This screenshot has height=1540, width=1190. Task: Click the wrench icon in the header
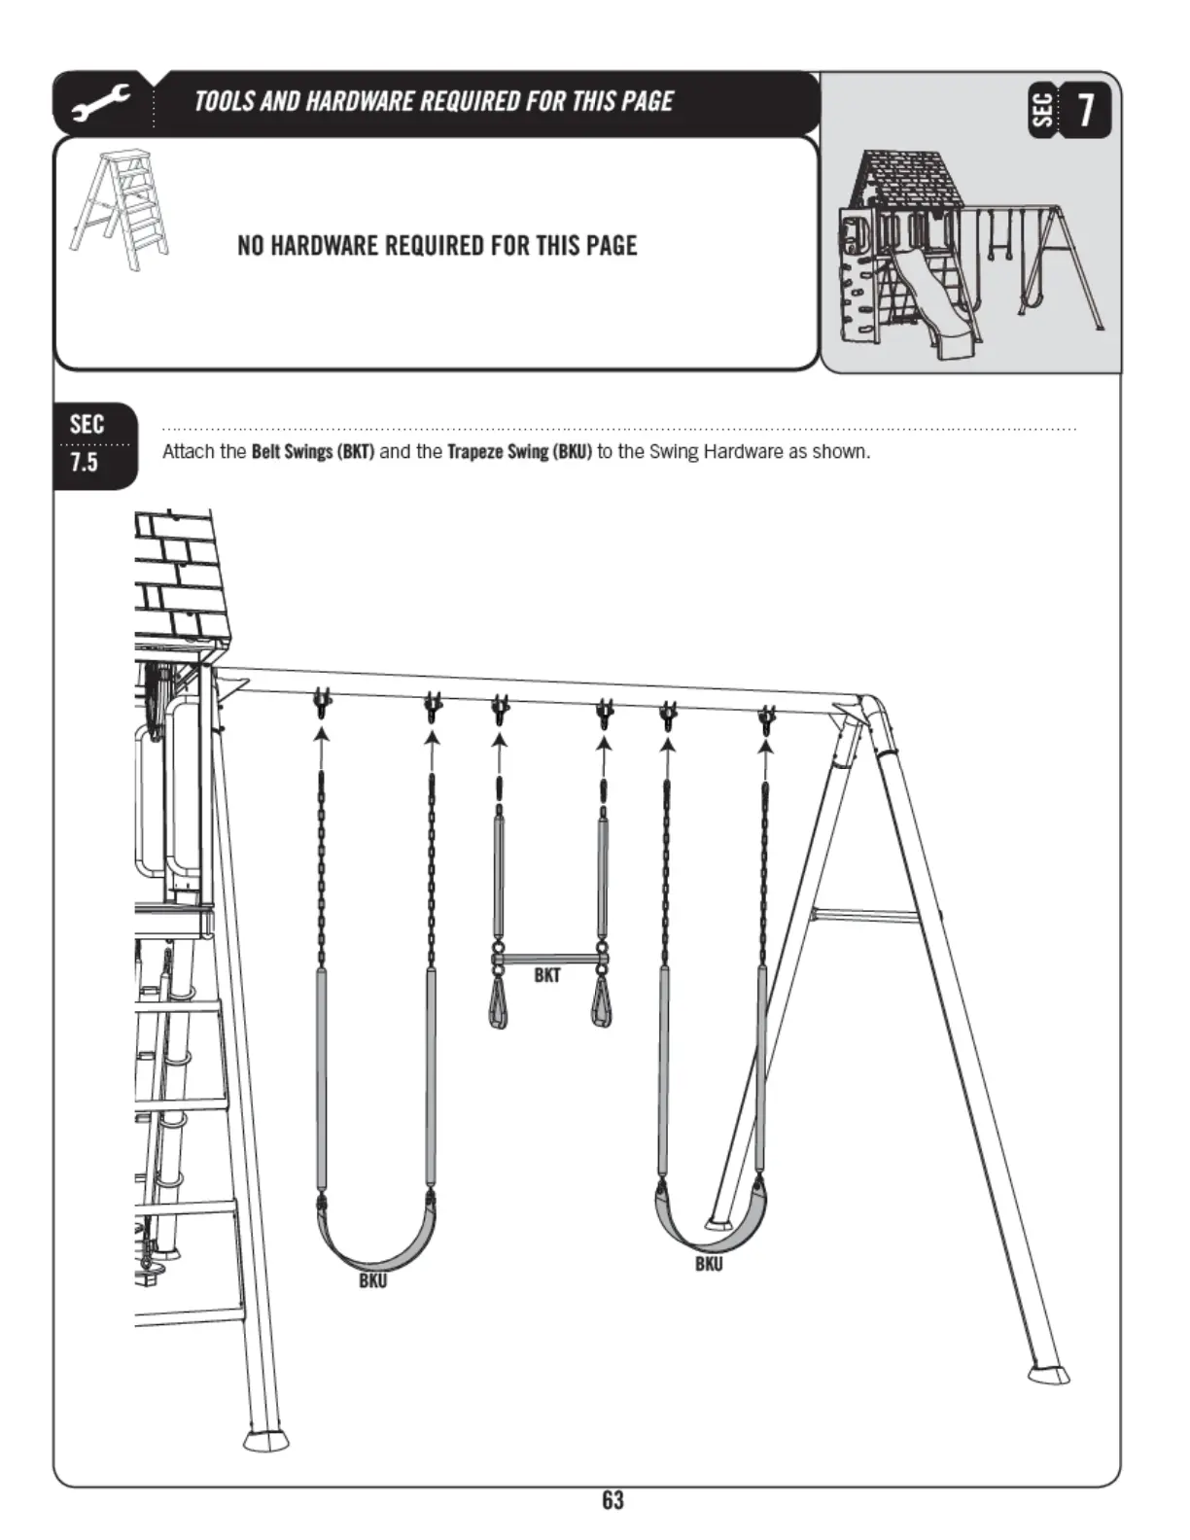click(101, 103)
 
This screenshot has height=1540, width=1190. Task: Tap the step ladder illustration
click(119, 210)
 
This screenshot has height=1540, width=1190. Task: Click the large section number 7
click(1085, 110)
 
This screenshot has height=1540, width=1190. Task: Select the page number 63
click(613, 1499)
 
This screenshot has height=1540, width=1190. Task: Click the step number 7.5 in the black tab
click(84, 463)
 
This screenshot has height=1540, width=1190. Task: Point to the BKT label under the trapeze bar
click(547, 975)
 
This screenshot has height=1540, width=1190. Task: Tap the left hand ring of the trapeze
click(498, 1002)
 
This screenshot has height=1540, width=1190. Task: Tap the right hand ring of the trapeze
click(602, 1002)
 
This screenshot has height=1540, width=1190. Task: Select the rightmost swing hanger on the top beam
click(767, 720)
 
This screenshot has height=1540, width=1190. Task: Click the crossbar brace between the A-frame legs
click(867, 915)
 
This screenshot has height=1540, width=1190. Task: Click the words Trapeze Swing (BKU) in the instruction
click(519, 451)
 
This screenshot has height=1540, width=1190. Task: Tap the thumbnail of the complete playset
click(971, 255)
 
